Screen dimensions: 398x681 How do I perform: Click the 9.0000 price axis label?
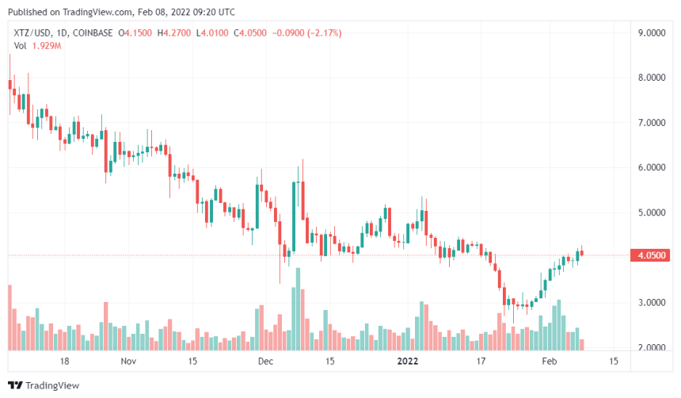(654, 33)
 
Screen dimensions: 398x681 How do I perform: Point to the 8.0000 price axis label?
(654, 78)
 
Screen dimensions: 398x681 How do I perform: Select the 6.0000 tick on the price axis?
(654, 168)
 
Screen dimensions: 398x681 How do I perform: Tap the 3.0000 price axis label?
(654, 303)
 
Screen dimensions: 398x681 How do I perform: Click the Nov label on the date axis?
(129, 362)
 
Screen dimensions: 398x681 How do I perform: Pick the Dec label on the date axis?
(265, 362)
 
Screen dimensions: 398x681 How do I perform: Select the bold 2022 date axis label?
(409, 362)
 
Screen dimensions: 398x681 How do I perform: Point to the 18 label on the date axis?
(65, 362)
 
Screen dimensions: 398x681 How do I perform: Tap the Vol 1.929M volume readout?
(37, 45)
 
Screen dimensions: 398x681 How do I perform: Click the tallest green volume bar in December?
(298, 309)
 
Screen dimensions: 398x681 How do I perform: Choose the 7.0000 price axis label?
(654, 124)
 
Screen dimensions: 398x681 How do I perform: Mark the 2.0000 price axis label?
(654, 348)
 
